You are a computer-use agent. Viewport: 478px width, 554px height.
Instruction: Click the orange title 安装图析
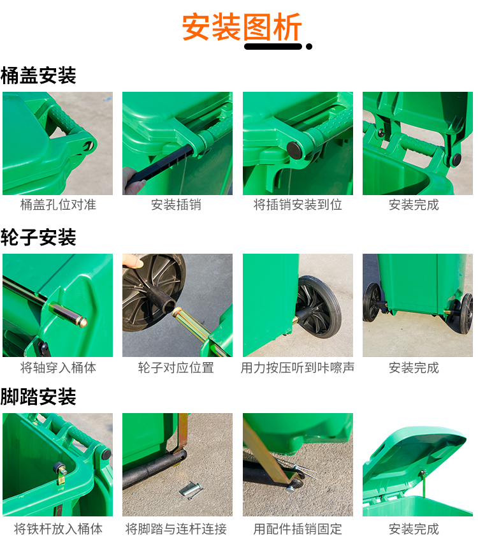click(x=242, y=27)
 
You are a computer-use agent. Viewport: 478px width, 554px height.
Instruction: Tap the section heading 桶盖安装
click(x=38, y=75)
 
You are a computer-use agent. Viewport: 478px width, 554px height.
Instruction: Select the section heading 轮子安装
click(x=38, y=237)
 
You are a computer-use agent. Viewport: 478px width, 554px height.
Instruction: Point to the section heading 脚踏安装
click(x=38, y=397)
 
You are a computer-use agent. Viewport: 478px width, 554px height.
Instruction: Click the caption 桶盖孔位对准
click(x=58, y=205)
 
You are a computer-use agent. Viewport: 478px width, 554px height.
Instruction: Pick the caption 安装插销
click(x=177, y=205)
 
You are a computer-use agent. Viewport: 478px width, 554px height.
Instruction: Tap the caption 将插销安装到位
click(x=298, y=205)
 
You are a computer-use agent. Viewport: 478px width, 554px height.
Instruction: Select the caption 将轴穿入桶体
click(x=58, y=368)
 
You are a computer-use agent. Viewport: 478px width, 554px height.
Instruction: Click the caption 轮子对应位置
click(x=177, y=368)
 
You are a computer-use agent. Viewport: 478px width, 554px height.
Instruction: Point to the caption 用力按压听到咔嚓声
click(x=298, y=368)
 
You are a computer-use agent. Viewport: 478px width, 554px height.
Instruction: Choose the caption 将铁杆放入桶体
click(x=58, y=529)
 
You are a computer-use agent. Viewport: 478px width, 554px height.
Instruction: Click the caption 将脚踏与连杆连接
click(x=177, y=529)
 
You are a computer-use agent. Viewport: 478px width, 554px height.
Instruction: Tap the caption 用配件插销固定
click(x=298, y=529)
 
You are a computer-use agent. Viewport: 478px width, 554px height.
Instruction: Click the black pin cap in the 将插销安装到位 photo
click(x=294, y=150)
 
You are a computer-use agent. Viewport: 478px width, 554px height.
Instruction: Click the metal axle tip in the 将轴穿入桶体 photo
click(x=83, y=322)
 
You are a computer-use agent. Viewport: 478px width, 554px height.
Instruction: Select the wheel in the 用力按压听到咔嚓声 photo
click(x=318, y=307)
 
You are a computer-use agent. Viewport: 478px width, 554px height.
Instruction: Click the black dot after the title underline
click(x=309, y=47)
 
